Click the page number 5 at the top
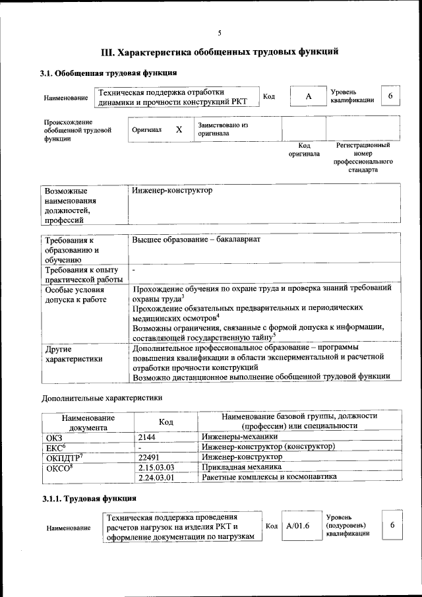(220, 33)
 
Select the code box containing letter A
(308, 97)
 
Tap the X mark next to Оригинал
(179, 130)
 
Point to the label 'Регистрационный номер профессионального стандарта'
(363, 157)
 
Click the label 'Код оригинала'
(304, 150)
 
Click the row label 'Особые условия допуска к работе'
(72, 295)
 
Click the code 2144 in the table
(148, 437)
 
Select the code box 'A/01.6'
(298, 526)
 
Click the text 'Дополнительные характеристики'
(102, 398)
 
